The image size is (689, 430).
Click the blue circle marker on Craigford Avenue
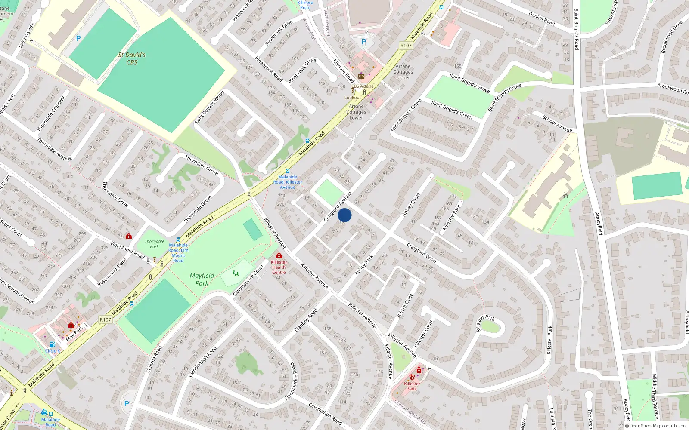coord(344,215)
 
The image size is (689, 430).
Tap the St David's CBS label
coord(132,58)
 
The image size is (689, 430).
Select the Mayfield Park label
coord(202,279)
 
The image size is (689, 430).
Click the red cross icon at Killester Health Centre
coord(279,256)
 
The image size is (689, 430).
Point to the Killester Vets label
coord(412,386)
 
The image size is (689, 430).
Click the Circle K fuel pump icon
coord(52,344)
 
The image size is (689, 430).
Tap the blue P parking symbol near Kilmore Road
coord(364,42)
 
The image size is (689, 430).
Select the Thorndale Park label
coord(154,244)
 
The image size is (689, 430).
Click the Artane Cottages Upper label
coord(403,72)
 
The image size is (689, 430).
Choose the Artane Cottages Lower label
coord(356,112)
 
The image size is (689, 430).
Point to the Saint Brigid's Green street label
coord(452,110)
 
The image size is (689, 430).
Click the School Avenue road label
coord(557,124)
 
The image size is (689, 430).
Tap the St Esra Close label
coord(405,306)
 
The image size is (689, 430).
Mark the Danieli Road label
coord(542,18)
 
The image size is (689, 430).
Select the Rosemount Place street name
coord(112,272)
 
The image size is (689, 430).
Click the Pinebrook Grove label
coord(302,71)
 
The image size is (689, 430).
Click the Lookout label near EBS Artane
coord(353,98)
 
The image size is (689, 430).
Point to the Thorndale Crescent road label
coord(51,114)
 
